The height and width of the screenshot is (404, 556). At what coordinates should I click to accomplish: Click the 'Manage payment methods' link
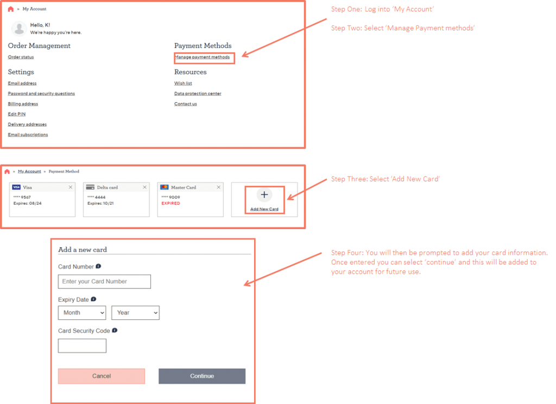[202, 57]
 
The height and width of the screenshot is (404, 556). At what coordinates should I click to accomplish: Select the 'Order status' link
[21, 57]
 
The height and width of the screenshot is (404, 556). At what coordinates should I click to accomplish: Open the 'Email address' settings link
[22, 83]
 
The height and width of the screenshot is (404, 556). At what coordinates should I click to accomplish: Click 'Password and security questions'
[41, 93]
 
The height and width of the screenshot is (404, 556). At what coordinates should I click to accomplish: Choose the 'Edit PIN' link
[16, 114]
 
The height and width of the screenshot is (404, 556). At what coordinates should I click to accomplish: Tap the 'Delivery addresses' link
[27, 124]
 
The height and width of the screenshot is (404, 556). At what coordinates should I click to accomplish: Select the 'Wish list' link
[183, 83]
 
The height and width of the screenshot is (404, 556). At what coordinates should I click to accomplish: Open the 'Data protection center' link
[198, 93]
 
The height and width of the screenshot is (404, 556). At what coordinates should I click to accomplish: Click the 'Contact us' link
[186, 104]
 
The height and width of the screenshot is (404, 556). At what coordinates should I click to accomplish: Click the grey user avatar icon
[19, 29]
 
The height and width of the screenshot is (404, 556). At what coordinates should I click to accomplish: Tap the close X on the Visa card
[71, 187]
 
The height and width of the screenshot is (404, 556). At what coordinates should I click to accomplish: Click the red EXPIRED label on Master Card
[170, 203]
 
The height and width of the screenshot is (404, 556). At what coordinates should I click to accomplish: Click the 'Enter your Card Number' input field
[104, 281]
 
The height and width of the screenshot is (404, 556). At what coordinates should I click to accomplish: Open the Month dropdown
[82, 313]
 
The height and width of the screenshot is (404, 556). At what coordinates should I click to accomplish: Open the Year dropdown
[135, 313]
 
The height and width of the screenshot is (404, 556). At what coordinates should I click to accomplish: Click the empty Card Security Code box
[82, 346]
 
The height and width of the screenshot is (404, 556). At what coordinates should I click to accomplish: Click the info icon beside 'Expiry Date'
[93, 299]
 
